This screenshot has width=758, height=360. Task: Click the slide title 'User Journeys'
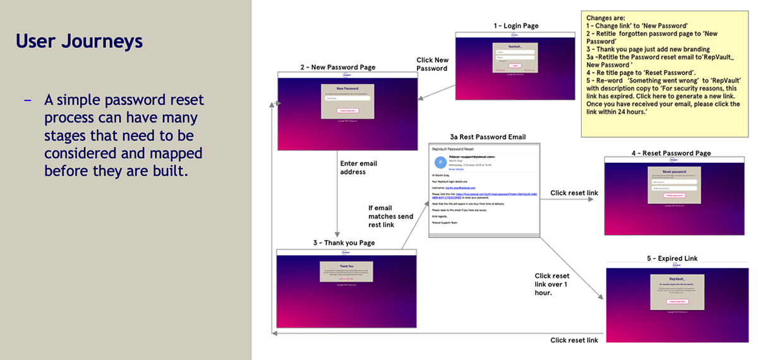tap(79, 41)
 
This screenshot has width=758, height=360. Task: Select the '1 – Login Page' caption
tap(516, 26)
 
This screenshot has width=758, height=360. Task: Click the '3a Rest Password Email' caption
tap(487, 137)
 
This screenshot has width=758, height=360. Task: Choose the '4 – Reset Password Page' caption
tap(671, 153)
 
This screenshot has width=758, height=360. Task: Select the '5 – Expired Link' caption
tap(672, 258)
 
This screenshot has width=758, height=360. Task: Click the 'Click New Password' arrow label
tap(433, 64)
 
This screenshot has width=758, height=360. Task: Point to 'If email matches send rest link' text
tap(390, 217)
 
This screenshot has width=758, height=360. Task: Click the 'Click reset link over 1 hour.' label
tap(551, 284)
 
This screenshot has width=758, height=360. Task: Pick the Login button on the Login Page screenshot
tap(514, 65)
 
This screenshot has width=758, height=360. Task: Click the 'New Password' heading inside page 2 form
tap(347, 89)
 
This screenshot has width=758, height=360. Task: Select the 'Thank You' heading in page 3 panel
tap(346, 266)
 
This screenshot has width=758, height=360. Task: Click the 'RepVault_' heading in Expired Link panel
tap(676, 278)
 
